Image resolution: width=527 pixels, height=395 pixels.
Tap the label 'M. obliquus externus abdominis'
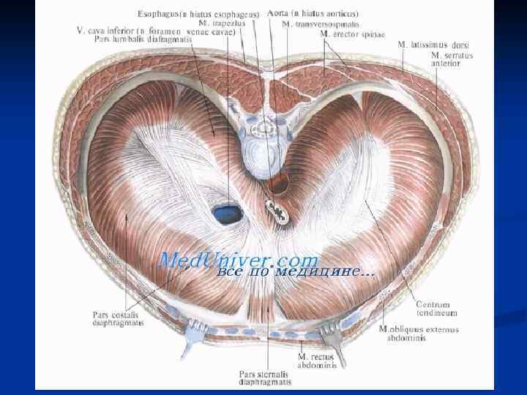(419, 334)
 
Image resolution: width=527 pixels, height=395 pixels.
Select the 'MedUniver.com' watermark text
(239, 260)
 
